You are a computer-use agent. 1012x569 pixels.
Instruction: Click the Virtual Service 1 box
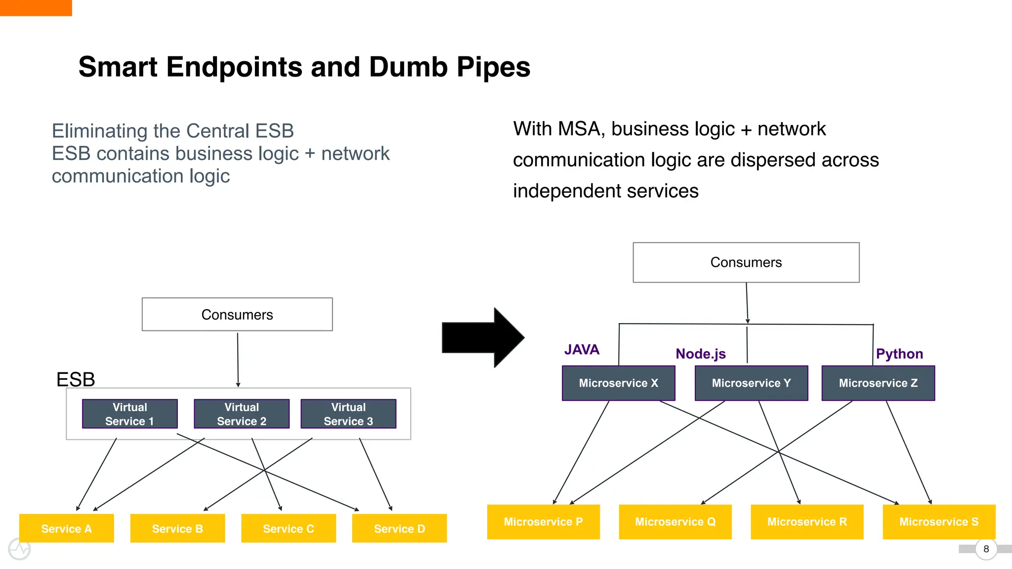(x=129, y=414)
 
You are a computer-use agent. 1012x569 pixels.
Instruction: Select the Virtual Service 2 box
(x=242, y=414)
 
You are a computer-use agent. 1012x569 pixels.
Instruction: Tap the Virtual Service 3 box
(x=348, y=414)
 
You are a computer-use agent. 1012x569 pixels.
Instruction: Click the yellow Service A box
(x=67, y=528)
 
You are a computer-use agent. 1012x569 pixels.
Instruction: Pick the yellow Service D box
(x=399, y=528)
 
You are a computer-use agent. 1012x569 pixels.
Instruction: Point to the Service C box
(x=289, y=528)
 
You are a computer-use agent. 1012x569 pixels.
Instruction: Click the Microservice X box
(x=618, y=383)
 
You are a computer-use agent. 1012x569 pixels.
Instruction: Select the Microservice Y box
(x=751, y=383)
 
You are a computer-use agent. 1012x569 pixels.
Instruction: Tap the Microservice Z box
(x=878, y=383)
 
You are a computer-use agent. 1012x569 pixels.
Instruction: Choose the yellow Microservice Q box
(x=675, y=522)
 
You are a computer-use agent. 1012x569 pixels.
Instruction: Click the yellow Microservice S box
(x=939, y=522)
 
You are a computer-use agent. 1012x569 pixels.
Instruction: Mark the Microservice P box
(x=543, y=522)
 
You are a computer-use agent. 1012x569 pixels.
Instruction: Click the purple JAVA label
(x=582, y=350)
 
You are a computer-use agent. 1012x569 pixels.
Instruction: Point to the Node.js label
(x=700, y=354)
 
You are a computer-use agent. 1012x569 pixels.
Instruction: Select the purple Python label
(x=899, y=354)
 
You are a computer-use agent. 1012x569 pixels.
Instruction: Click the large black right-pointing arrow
(x=482, y=338)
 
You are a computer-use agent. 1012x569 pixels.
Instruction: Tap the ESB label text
(x=76, y=379)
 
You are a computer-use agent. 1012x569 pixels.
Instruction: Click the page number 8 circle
(x=986, y=549)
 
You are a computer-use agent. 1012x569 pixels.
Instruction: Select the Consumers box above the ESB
(x=237, y=315)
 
